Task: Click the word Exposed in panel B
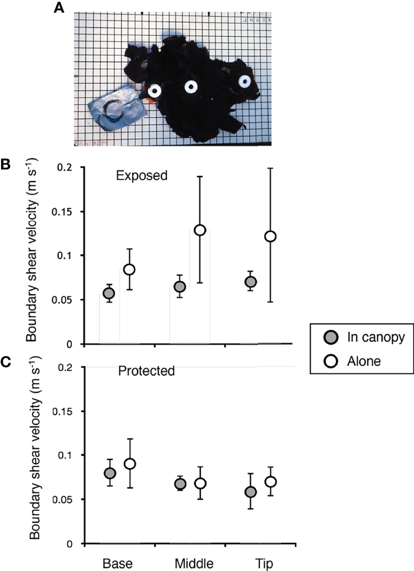coord(141,176)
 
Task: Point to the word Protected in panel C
coord(146,371)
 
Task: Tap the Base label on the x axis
coord(119,563)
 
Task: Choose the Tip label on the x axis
coord(261,563)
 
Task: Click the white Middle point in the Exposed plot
coord(200,230)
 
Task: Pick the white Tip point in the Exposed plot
coord(270,236)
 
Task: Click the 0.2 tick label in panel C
coord(67,367)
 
